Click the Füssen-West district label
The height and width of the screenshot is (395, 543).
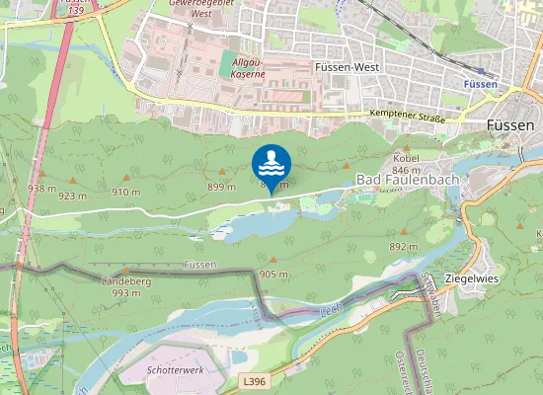(347, 67)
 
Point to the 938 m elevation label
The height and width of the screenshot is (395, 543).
(41, 188)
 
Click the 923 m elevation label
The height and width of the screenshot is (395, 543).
(73, 196)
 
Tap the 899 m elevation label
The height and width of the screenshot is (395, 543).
(221, 186)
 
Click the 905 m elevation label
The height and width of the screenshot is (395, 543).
(273, 273)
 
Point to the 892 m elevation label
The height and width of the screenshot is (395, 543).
(403, 246)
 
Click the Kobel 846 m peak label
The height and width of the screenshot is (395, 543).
(407, 164)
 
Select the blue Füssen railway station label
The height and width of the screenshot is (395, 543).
(480, 85)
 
